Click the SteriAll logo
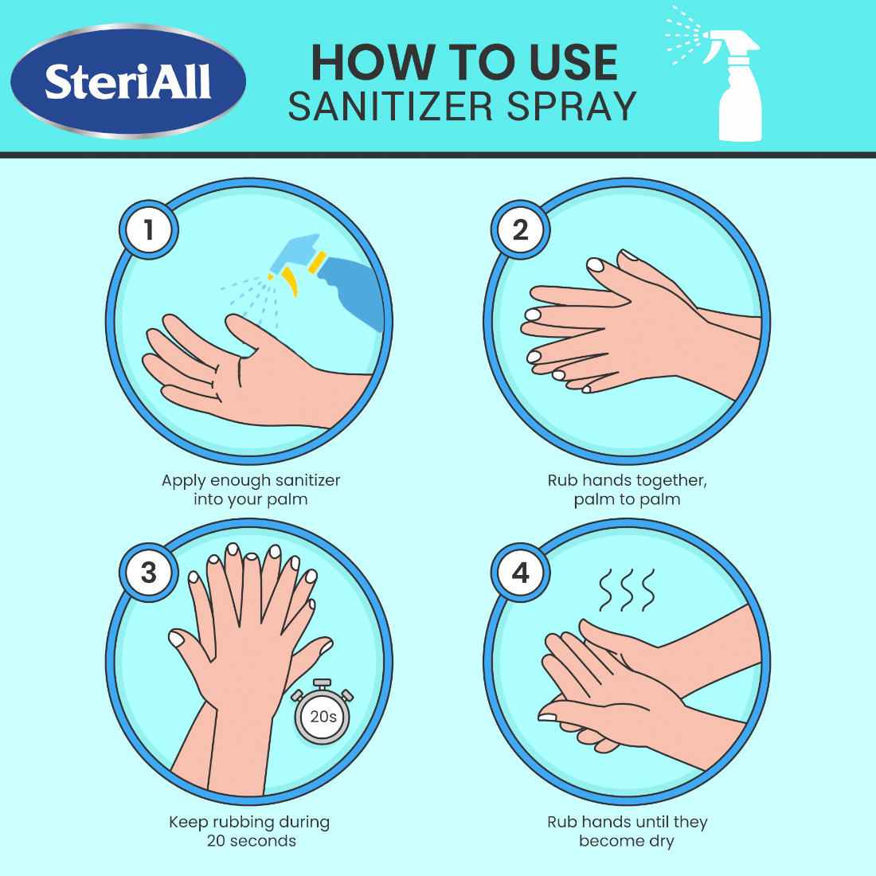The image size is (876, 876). click(127, 81)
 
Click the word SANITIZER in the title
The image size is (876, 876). click(390, 107)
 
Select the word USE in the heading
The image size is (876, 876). click(566, 63)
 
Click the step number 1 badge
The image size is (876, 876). click(149, 230)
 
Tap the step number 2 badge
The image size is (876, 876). click(520, 230)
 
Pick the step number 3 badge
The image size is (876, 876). click(149, 572)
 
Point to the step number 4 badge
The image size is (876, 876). click(520, 572)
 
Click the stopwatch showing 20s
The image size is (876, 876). click(323, 714)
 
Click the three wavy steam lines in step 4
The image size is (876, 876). click(627, 589)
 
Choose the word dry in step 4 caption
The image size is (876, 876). click(661, 841)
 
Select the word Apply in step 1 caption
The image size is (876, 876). click(182, 481)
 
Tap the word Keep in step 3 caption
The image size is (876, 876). click(188, 822)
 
